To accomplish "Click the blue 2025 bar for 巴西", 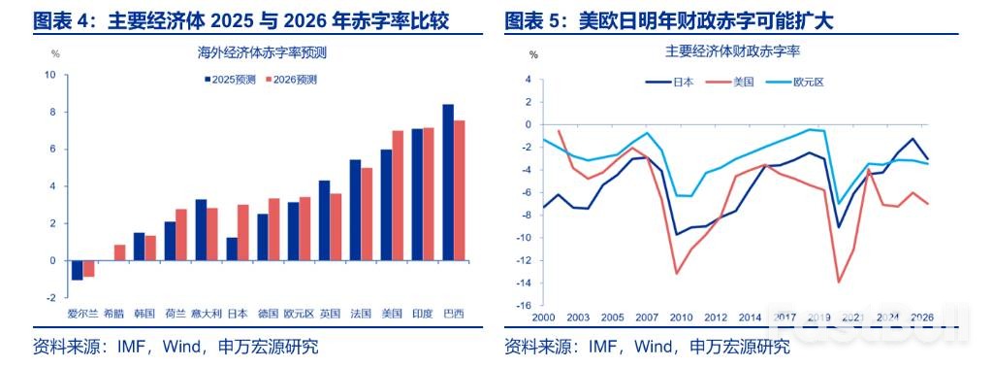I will pos(448,183).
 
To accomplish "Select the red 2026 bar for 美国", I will pos(398,195).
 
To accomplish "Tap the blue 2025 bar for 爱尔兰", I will pos(77,270).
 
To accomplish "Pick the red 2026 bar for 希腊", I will pos(119,252).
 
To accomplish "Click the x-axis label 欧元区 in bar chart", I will pos(297,314).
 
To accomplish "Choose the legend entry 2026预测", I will pos(293,80).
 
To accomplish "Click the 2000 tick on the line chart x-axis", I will pos(544,317).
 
